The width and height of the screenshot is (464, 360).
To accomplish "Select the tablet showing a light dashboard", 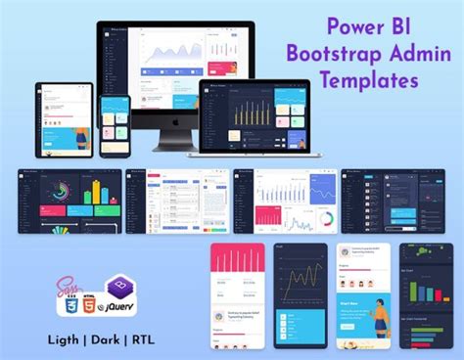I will coord(64,119).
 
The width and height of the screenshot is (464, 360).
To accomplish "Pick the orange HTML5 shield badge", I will coord(93,304).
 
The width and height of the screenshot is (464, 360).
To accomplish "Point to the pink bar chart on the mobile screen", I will coord(238,262).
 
